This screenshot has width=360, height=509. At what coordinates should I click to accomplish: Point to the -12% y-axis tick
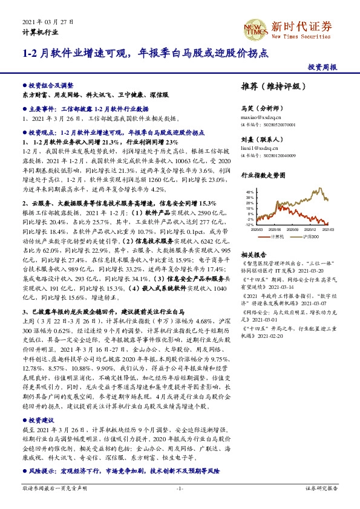pyautogui.click(x=250, y=224)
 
